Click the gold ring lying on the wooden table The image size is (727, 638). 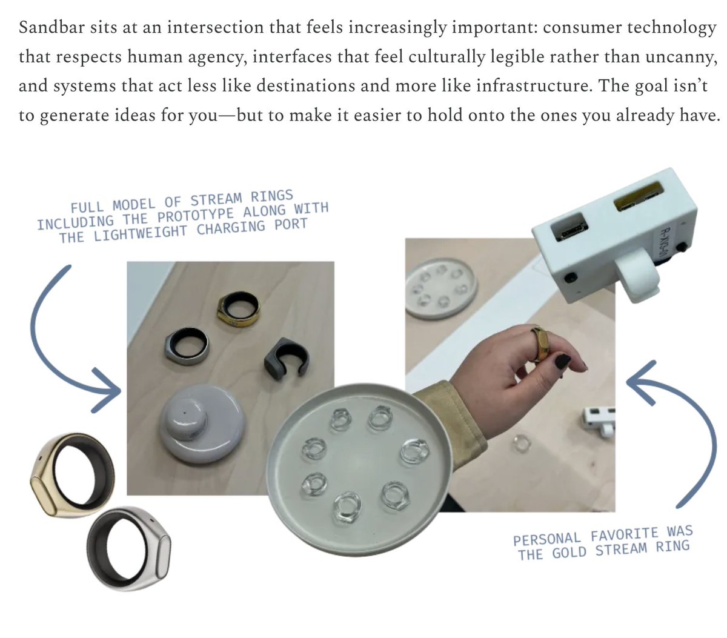pyautogui.click(x=237, y=308)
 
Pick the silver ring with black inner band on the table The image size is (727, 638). pyautogui.click(x=187, y=345)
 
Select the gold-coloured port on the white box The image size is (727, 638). pyautogui.click(x=639, y=196)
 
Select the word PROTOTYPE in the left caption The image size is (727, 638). pyautogui.click(x=196, y=215)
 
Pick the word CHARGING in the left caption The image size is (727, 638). pyautogui.click(x=231, y=228)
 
